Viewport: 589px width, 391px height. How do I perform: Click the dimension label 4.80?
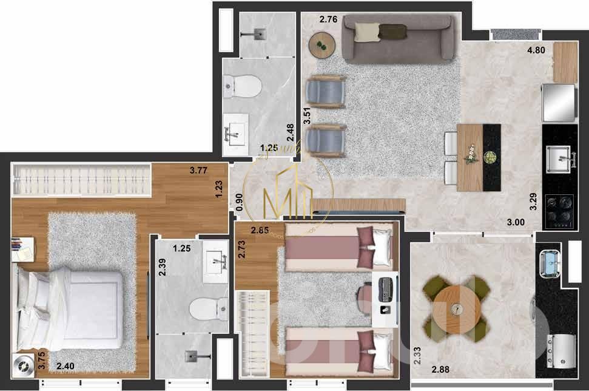[536, 51]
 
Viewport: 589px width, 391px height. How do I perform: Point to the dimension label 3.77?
[199, 171]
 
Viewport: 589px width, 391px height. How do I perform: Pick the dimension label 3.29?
[533, 201]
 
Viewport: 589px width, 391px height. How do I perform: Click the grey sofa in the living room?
[398, 38]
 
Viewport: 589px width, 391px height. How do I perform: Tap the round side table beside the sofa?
[322, 44]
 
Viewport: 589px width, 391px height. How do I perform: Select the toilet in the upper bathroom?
[243, 86]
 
